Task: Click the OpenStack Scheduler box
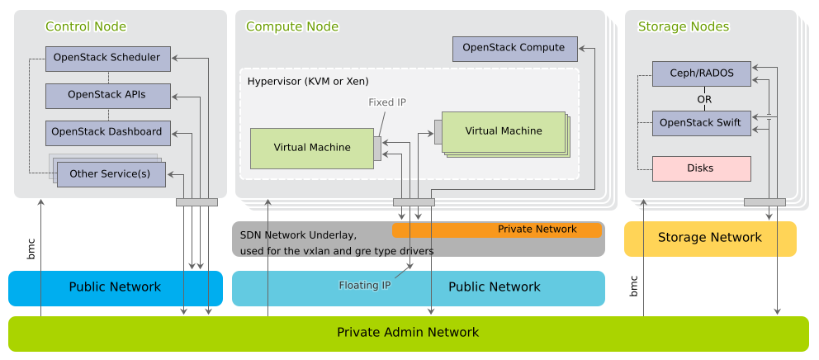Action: pyautogui.click(x=107, y=58)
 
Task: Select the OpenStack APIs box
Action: pyautogui.click(x=107, y=95)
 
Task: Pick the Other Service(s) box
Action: pyautogui.click(x=110, y=174)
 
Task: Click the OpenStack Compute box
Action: pyautogui.click(x=514, y=49)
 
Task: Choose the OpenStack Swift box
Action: pyautogui.click(x=701, y=124)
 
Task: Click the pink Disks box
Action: pyautogui.click(x=701, y=168)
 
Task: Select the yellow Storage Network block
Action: pyautogui.click(x=709, y=238)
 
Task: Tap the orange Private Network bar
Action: pyautogui.click(x=537, y=230)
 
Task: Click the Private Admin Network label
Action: pyautogui.click(x=408, y=333)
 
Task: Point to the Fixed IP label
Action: pyautogui.click(x=386, y=102)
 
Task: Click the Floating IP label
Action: pyautogui.click(x=364, y=286)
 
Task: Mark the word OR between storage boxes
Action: pyautogui.click(x=704, y=99)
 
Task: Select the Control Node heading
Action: pyautogui.click(x=86, y=27)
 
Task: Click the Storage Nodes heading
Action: pyautogui.click(x=684, y=27)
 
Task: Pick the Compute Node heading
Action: pyautogui.click(x=292, y=27)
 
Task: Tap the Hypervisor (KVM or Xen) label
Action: pyautogui.click(x=308, y=82)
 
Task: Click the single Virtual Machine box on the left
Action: pyautogui.click(x=311, y=148)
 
